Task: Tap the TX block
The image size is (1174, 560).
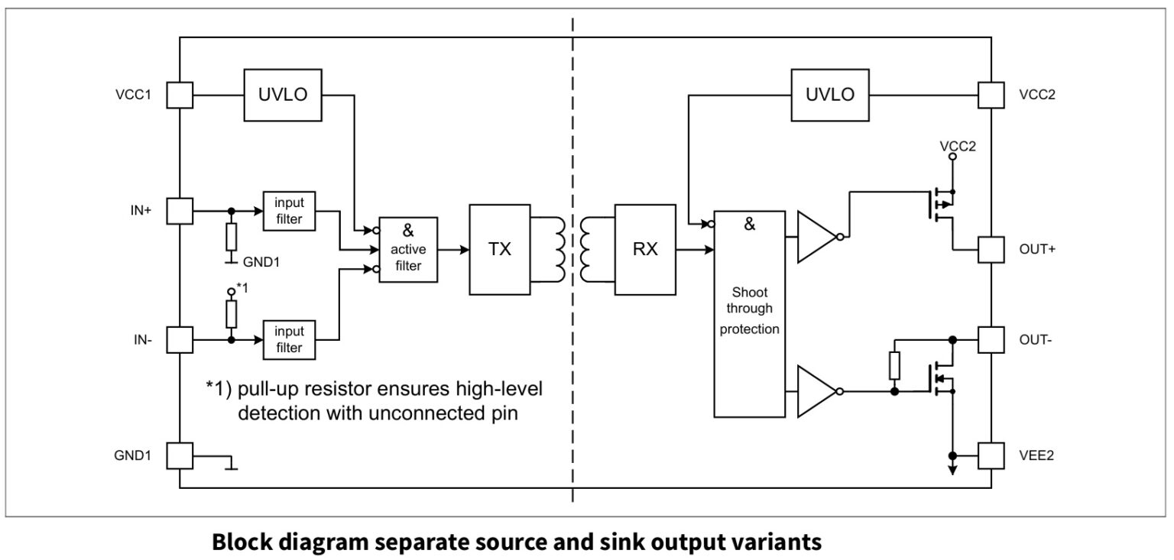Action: (x=499, y=250)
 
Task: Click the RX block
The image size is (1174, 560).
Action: (x=645, y=250)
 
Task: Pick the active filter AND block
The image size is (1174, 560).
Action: (x=409, y=250)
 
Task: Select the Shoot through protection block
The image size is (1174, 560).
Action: (x=749, y=313)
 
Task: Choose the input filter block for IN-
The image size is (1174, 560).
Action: (x=289, y=339)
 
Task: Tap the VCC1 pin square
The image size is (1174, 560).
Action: (x=180, y=95)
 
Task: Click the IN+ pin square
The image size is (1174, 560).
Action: (x=180, y=211)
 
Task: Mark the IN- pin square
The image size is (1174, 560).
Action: (x=180, y=339)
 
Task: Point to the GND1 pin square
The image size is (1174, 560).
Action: (x=180, y=455)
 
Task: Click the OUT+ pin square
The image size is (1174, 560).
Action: (x=991, y=250)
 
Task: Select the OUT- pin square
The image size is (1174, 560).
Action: (x=991, y=339)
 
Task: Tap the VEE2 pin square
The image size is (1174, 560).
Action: (x=991, y=455)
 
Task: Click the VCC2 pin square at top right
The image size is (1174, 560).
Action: (x=991, y=95)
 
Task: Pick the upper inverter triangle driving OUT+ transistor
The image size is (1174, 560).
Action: (x=816, y=237)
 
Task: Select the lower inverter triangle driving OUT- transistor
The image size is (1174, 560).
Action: (x=816, y=391)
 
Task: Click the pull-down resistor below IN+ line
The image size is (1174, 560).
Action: (x=231, y=238)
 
